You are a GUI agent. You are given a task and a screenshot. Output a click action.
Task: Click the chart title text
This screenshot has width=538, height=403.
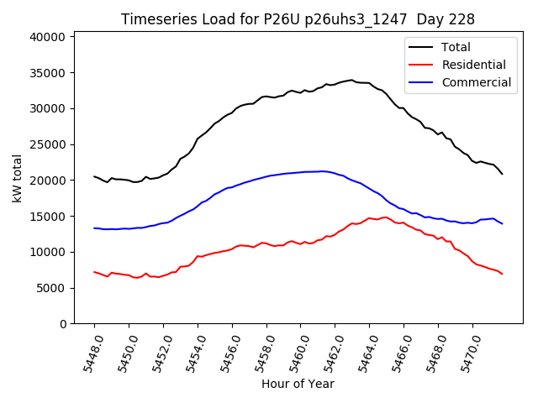tap(298, 19)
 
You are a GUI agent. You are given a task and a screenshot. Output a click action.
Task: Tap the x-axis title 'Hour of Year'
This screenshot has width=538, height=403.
tap(298, 384)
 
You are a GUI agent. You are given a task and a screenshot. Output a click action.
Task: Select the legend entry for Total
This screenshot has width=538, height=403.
tap(456, 47)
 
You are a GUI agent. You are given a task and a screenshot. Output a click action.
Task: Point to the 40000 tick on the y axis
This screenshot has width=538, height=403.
tap(49, 37)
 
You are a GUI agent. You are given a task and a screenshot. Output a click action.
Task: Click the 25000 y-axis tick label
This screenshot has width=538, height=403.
tap(49, 144)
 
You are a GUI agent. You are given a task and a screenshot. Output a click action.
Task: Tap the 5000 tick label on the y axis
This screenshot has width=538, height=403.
tap(52, 288)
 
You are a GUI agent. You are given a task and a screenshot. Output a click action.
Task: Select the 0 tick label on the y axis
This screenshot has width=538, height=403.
tap(64, 324)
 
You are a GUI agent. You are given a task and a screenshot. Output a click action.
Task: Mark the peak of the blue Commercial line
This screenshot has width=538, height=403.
tap(323, 171)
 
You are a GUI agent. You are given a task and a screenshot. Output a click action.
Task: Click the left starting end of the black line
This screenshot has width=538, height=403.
tap(94, 176)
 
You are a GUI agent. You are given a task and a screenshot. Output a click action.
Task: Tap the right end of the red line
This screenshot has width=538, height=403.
tap(503, 274)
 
